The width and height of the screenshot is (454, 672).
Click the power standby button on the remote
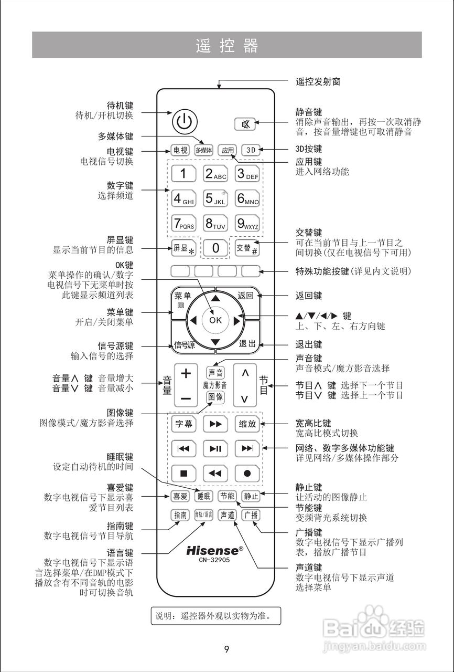[x=183, y=122]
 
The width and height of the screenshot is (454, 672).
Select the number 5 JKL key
[x=215, y=199]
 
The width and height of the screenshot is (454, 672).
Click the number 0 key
[x=215, y=248]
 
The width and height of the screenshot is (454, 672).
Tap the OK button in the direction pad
[x=215, y=320]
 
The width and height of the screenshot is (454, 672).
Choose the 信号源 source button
[x=184, y=345]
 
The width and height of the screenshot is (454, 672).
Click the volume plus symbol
[x=186, y=373]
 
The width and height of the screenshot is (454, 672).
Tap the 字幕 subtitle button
[x=183, y=424]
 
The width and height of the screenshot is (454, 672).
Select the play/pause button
[x=215, y=448]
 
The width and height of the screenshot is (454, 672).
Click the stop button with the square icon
[x=183, y=473]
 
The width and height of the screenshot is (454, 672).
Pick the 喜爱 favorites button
[x=180, y=496]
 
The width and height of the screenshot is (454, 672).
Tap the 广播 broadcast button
[x=251, y=515]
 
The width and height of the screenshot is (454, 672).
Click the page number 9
[x=226, y=649]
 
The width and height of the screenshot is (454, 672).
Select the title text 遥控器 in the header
[x=227, y=46]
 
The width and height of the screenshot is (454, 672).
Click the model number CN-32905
[x=214, y=560]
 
